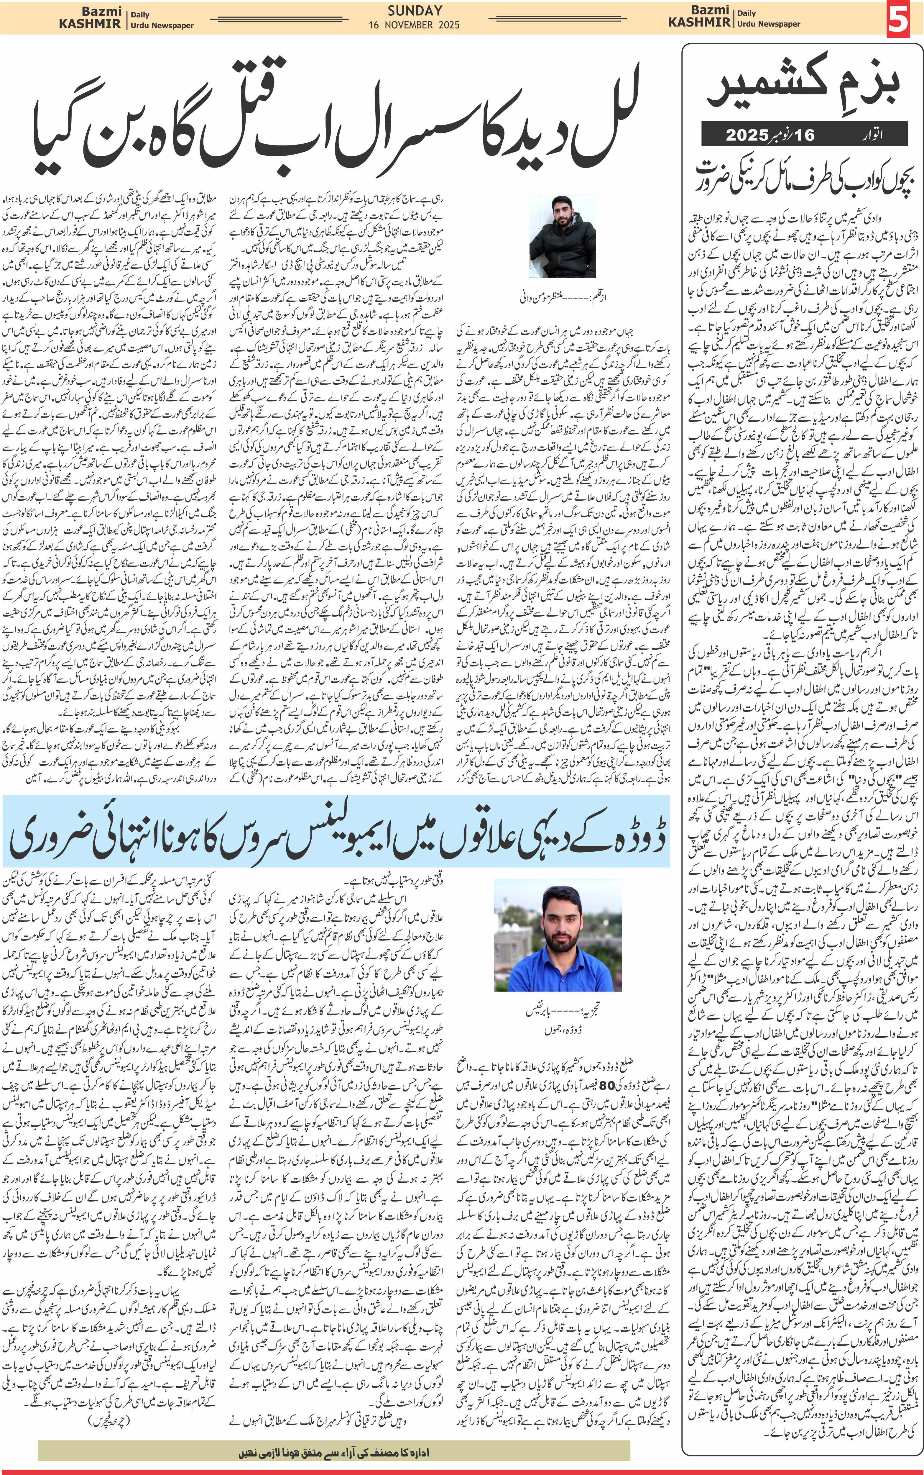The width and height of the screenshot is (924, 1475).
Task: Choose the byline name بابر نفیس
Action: (544, 1012)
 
